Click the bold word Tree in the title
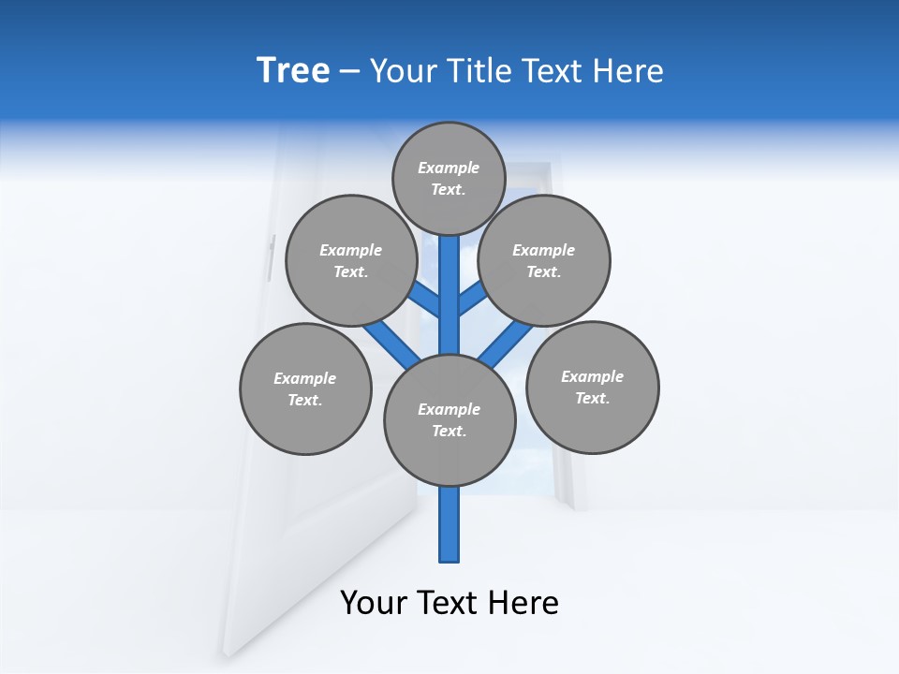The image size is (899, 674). tap(293, 71)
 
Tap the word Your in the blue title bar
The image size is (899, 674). tap(402, 71)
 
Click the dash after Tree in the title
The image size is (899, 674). tap(349, 72)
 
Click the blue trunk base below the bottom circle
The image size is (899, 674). tap(449, 524)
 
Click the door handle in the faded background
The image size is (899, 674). tap(272, 258)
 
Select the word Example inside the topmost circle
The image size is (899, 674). tap(449, 168)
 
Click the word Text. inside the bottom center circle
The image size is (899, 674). tap(449, 432)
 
